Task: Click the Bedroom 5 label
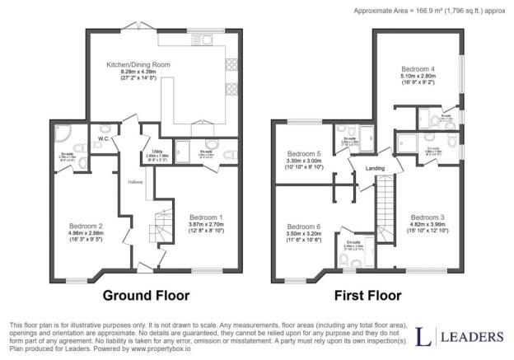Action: [303, 153]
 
